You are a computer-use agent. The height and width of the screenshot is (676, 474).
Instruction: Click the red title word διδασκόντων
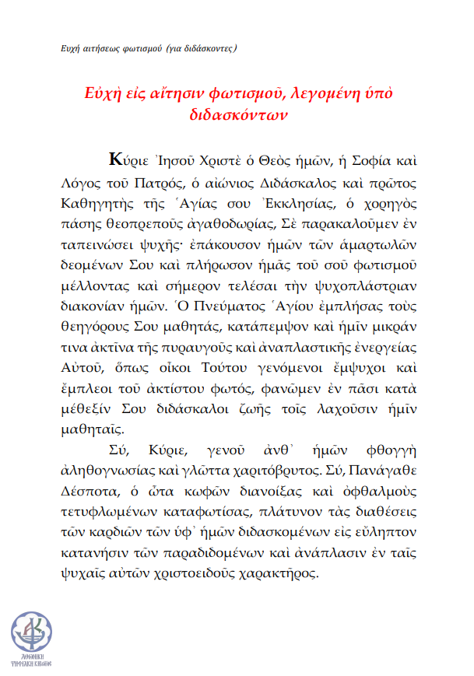click(239, 114)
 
